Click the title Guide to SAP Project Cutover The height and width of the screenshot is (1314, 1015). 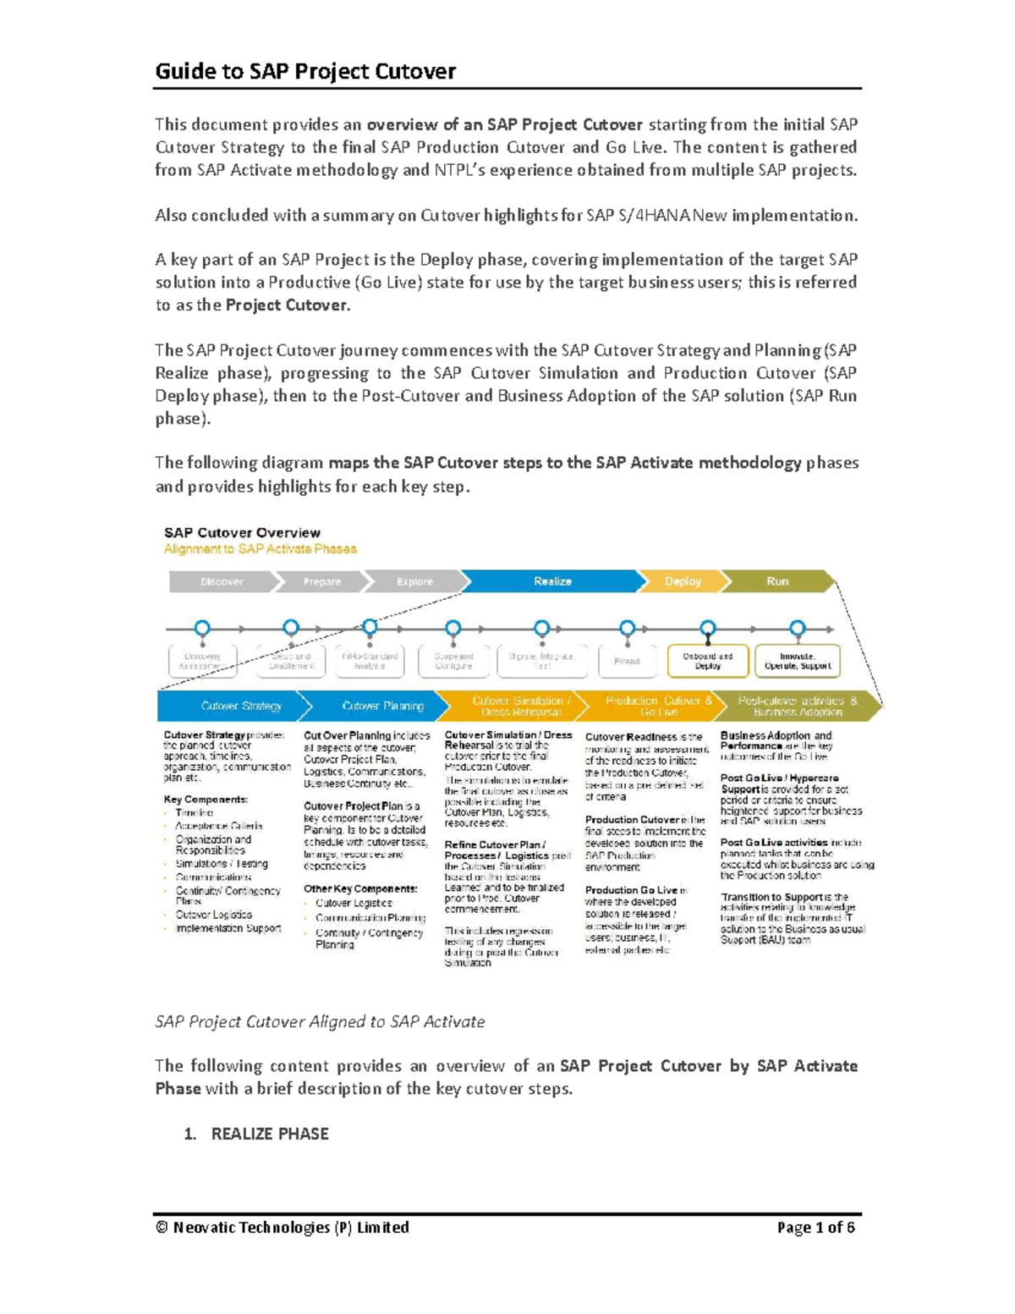tap(305, 71)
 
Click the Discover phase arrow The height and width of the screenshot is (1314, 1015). tap(222, 581)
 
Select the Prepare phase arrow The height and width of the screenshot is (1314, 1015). tap(322, 581)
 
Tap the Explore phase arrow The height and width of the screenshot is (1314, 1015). tap(414, 581)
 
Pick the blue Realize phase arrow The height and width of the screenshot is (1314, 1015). tap(552, 581)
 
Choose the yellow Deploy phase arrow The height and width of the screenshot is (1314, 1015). tap(683, 581)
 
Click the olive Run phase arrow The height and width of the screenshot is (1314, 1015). tap(777, 581)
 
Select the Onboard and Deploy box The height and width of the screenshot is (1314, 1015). tap(708, 661)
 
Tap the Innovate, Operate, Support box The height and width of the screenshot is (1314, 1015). tap(798, 661)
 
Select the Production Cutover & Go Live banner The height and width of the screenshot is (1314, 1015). tap(659, 706)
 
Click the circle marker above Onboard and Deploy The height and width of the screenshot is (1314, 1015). tap(708, 628)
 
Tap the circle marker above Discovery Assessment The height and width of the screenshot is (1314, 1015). tap(202, 628)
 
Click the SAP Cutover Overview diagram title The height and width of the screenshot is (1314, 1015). tap(242, 533)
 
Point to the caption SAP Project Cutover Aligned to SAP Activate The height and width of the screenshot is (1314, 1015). tap(320, 1021)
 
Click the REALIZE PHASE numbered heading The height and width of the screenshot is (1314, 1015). tap(269, 1134)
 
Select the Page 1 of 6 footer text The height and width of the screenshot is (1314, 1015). tap(815, 1227)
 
